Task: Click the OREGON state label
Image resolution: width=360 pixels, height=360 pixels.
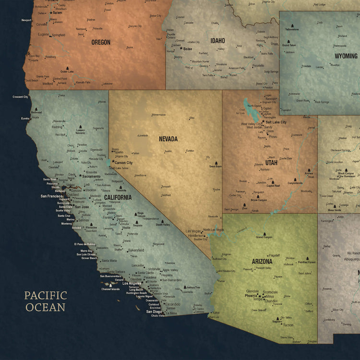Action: pyautogui.click(x=101, y=42)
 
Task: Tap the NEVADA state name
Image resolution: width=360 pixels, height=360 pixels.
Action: pyautogui.click(x=168, y=139)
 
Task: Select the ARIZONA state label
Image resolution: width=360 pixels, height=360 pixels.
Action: pyautogui.click(x=262, y=262)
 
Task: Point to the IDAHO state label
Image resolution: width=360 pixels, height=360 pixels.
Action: pyautogui.click(x=217, y=41)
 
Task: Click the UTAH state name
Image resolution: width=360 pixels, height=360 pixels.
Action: pyautogui.click(x=271, y=163)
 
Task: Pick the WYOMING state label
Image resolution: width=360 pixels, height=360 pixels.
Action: pyautogui.click(x=346, y=56)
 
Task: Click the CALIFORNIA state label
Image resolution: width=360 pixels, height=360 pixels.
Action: pyautogui.click(x=118, y=197)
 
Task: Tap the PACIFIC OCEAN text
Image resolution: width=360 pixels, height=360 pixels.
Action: pyautogui.click(x=46, y=301)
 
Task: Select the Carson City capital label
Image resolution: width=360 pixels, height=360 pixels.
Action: pyautogui.click(x=123, y=163)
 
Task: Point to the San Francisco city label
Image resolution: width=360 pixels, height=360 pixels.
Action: pyautogui.click(x=51, y=196)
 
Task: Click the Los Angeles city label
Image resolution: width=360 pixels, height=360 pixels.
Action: pyautogui.click(x=132, y=284)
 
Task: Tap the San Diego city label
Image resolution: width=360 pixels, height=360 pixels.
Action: pyautogui.click(x=154, y=312)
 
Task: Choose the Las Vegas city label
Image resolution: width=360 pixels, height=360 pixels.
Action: pyautogui.click(x=193, y=231)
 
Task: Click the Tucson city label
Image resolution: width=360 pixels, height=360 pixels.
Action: pyautogui.click(x=288, y=325)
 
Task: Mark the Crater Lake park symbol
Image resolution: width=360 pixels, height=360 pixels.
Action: pyautogui.click(x=67, y=68)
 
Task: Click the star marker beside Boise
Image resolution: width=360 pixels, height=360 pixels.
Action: pyautogui.click(x=181, y=48)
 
